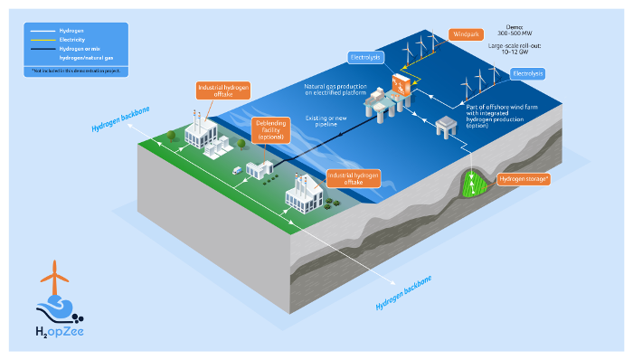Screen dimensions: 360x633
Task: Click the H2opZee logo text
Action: (61, 334)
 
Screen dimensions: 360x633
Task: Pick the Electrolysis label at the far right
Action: (528, 72)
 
